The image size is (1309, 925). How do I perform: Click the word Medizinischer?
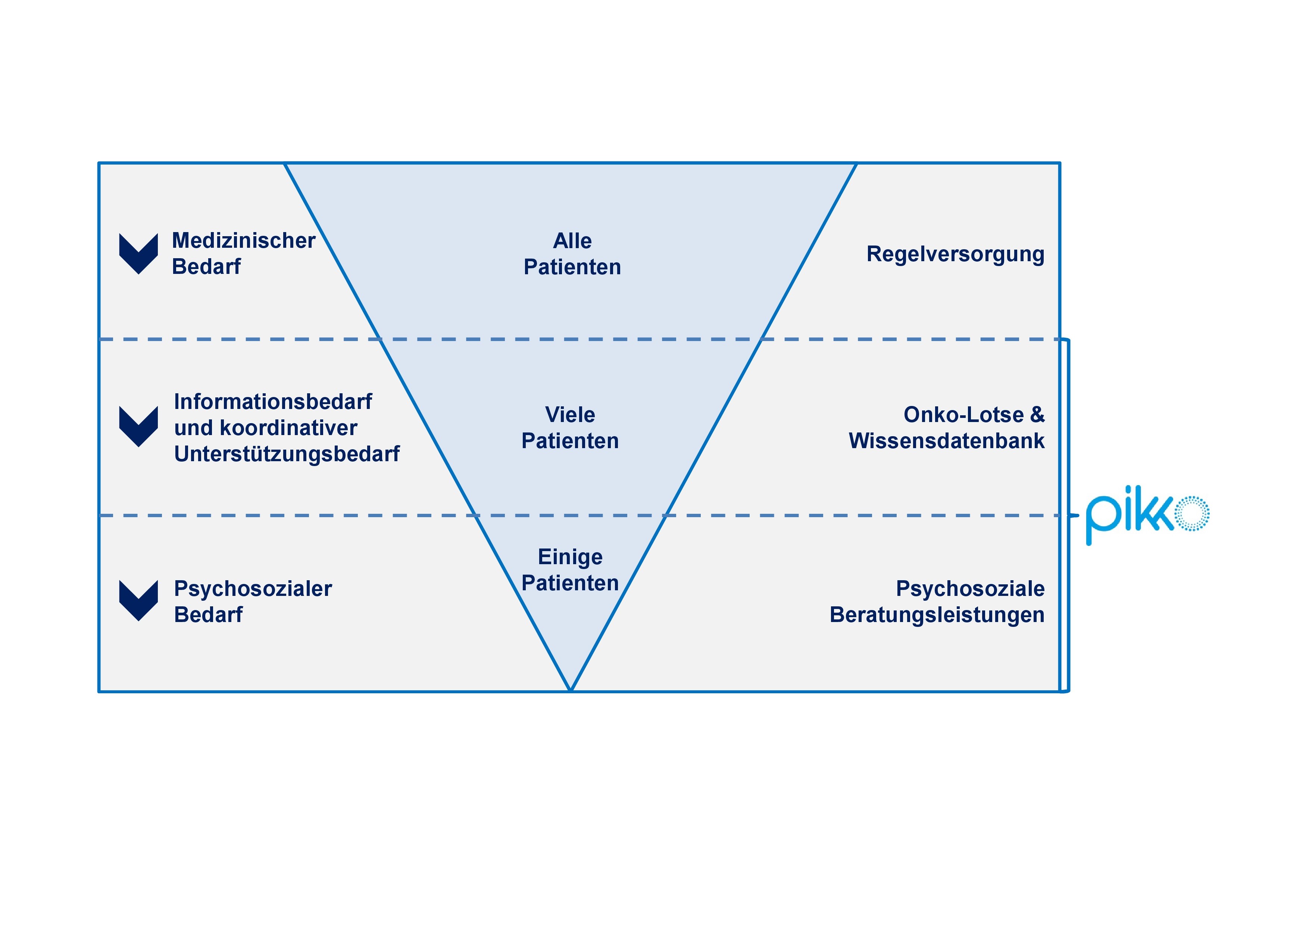[243, 241]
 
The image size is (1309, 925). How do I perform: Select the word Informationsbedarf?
[272, 402]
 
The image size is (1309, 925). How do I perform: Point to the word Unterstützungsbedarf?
[287, 454]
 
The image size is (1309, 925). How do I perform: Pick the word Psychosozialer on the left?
[253, 589]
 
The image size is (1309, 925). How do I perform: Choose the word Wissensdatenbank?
[946, 441]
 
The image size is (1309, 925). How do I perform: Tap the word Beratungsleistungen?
[937, 615]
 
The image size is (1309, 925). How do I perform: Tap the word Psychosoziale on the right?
[970, 589]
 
